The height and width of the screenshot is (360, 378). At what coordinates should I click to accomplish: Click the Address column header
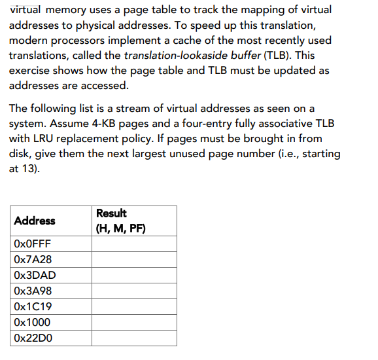pos(35,221)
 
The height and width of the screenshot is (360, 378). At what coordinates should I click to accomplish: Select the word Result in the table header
pos(111,213)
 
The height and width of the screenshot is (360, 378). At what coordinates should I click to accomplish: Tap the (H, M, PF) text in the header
pos(120,228)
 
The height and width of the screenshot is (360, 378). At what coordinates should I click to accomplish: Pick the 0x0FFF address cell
pos(32,243)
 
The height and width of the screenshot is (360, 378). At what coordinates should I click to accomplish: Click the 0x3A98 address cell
pos(33,291)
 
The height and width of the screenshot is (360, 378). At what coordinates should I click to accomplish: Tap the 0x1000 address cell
pos(31,322)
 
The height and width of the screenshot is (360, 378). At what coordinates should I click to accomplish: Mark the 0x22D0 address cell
pos(33,338)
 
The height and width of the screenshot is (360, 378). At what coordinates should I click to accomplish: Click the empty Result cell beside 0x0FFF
pos(134,243)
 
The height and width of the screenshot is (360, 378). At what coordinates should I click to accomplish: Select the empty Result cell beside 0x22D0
pos(134,338)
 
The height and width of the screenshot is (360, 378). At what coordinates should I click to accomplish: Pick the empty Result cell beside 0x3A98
pos(134,291)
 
